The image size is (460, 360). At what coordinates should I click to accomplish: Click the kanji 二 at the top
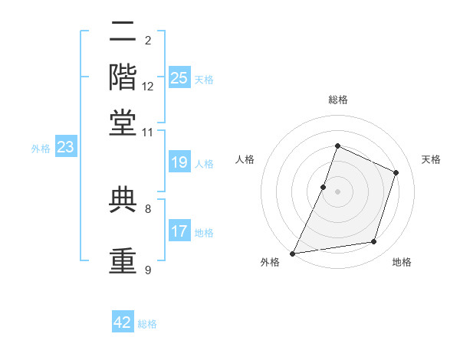tap(123, 31)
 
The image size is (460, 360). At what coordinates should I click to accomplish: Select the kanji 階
tap(123, 77)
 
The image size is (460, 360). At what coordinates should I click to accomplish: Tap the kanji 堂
tap(123, 123)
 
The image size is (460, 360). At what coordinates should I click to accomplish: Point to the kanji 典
tap(123, 200)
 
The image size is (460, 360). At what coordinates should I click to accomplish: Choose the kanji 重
tap(123, 260)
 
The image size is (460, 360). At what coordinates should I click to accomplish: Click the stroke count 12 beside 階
tap(147, 87)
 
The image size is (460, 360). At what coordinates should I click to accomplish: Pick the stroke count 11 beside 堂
tap(147, 133)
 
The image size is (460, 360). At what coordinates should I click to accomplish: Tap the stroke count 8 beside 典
tap(148, 209)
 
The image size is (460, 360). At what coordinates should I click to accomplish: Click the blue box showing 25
tap(179, 77)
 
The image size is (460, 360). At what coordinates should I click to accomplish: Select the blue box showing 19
tap(179, 162)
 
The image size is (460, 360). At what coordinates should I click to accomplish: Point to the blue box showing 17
tap(179, 230)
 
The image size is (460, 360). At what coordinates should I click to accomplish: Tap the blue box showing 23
tap(66, 146)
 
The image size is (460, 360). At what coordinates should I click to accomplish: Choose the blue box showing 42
tap(123, 321)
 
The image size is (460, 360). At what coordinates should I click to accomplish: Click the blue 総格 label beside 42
tap(147, 324)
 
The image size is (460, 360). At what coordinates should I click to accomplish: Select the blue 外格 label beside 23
tap(41, 149)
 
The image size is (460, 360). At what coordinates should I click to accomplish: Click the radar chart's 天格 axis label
tap(431, 159)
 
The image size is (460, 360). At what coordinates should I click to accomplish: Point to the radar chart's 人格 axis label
tap(245, 159)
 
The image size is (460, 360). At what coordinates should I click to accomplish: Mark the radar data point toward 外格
tap(293, 254)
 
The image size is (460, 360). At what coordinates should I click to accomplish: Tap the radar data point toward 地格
tap(374, 242)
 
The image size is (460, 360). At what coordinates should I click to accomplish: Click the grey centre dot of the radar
tap(337, 191)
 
